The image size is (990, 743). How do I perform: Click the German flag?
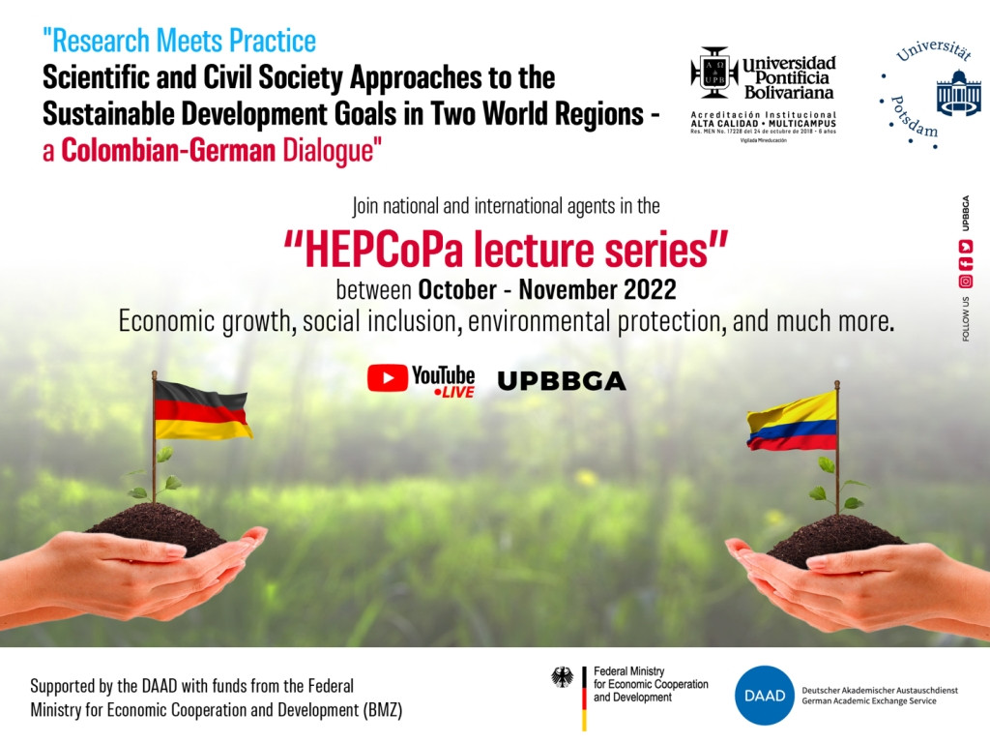(x=202, y=410)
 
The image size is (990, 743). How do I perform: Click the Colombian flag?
(x=792, y=422)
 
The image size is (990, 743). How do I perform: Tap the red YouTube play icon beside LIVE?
(x=388, y=378)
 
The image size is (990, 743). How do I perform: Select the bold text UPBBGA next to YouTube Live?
(x=561, y=382)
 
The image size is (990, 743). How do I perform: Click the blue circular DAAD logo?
(x=764, y=695)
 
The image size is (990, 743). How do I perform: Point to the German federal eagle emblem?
(x=562, y=677)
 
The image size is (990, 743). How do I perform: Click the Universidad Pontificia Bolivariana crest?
(x=713, y=73)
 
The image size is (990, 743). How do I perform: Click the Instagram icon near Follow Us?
(x=965, y=282)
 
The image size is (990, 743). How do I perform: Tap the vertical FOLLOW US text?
(x=965, y=318)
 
